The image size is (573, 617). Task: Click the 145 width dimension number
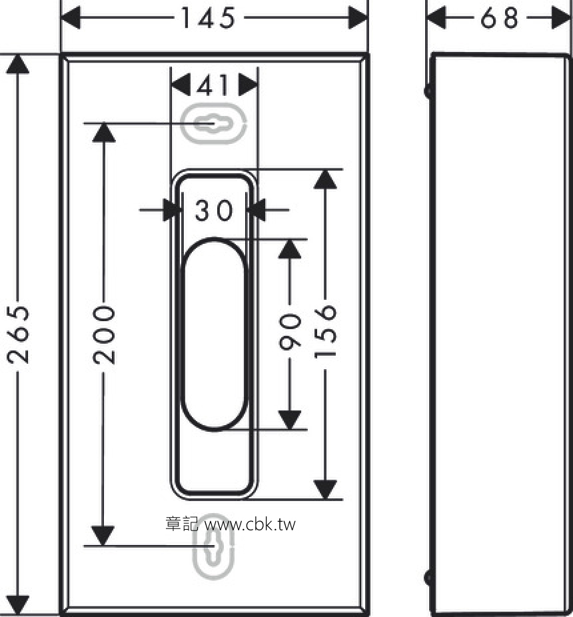pos(208,18)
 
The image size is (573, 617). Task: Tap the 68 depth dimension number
pos(500,18)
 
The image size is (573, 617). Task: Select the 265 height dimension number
pos(18,334)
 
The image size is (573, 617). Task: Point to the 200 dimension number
pos(104,334)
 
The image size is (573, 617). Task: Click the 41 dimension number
pos(213,85)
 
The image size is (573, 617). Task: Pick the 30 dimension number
pos(214,210)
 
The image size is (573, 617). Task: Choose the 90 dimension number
pos(290,332)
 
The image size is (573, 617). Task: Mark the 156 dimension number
pos(325,331)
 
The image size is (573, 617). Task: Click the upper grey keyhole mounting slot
pos(213,123)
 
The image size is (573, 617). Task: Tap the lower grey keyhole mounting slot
pos(213,547)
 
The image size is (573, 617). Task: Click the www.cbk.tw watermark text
pos(250,524)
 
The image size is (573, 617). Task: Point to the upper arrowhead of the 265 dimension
pos(18,64)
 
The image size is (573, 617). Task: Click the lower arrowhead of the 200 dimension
pos(103,536)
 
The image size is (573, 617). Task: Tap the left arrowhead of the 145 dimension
pos(71,18)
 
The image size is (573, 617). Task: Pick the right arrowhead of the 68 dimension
pos(561,18)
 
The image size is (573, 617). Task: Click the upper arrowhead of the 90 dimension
pos(290,249)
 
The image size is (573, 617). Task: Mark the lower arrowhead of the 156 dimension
pos(325,490)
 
